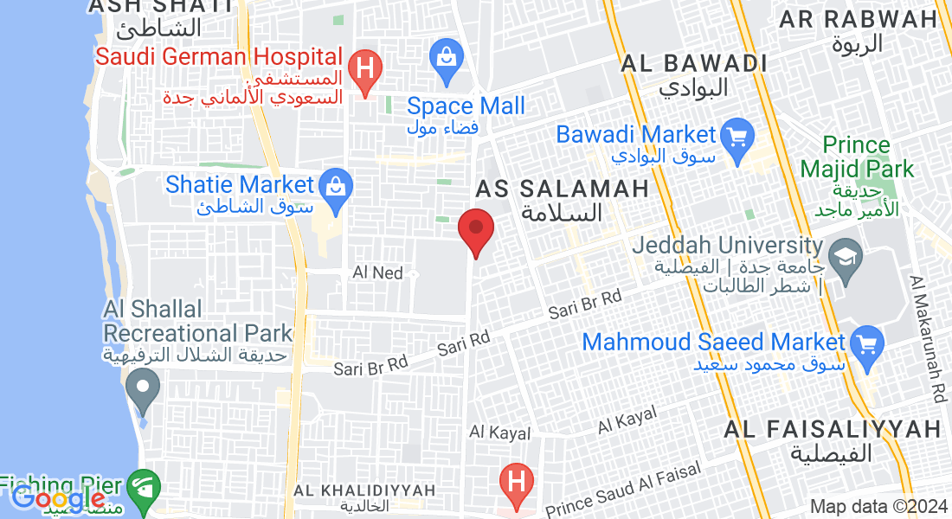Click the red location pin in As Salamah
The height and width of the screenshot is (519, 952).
coord(475,228)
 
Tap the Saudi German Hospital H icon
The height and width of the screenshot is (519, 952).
coord(365,68)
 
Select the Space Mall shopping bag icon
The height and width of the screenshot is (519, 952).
coord(447,59)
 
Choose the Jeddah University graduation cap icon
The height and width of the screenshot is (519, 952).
coord(843,256)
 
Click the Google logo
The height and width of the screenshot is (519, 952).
coord(58,499)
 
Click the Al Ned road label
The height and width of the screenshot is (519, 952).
coord(378,272)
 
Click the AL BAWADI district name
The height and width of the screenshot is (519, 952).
coord(695,63)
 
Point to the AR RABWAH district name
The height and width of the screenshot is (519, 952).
coord(858,19)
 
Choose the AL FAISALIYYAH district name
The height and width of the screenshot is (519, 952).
coord(833,429)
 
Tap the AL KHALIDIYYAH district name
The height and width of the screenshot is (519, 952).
coord(363,490)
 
